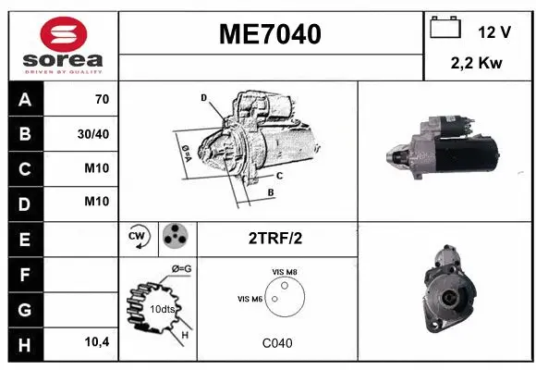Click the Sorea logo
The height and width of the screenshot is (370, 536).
[x=61, y=44]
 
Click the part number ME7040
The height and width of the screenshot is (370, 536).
[x=270, y=34]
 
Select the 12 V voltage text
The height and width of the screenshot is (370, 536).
[x=494, y=32]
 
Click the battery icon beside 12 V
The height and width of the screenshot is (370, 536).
[x=445, y=29]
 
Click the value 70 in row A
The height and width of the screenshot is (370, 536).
[x=102, y=100]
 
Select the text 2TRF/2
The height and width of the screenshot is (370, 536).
[x=275, y=239]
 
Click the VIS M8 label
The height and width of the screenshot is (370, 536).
[x=285, y=271]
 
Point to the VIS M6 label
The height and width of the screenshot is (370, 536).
[x=250, y=298]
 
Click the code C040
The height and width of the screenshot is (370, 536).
[x=277, y=343]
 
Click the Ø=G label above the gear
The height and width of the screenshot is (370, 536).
[x=181, y=269]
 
